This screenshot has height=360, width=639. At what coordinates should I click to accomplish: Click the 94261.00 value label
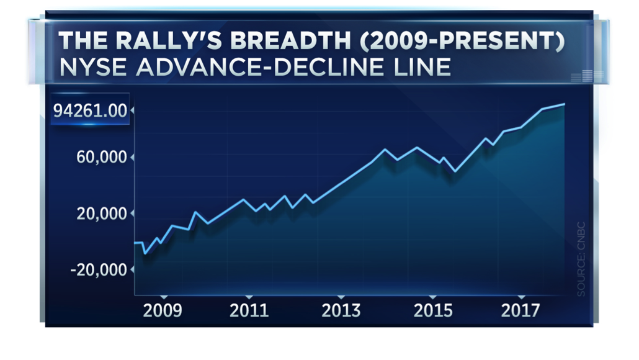[x=90, y=111]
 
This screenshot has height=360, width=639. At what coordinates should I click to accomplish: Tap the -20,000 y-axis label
[x=99, y=270]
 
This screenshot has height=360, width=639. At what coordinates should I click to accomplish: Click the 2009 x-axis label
[x=163, y=310]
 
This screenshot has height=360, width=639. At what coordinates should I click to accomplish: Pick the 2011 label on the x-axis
[x=249, y=310]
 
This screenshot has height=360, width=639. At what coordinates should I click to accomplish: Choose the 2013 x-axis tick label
[x=341, y=310]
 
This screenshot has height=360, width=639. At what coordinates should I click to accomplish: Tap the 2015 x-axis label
[x=433, y=310]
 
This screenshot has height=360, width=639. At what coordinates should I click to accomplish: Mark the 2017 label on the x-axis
[x=521, y=310]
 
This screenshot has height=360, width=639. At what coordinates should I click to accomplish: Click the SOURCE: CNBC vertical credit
[x=581, y=257]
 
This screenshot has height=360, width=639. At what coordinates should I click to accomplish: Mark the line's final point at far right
[x=564, y=104]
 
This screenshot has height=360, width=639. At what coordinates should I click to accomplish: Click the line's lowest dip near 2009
[x=145, y=253]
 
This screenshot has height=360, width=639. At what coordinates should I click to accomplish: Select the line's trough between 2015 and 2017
[x=455, y=171]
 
